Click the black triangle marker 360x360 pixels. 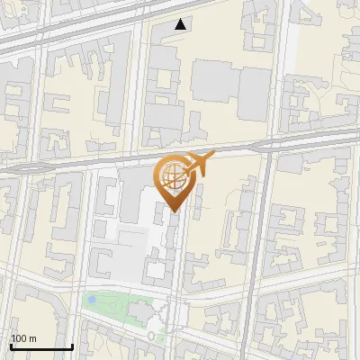click(181, 24)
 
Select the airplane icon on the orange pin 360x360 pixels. click(198, 164)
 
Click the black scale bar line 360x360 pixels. click(41, 346)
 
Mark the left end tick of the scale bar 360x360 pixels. click(11, 345)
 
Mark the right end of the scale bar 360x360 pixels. click(72, 345)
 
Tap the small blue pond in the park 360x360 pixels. click(91, 299)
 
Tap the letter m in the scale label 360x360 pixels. click(33, 337)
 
